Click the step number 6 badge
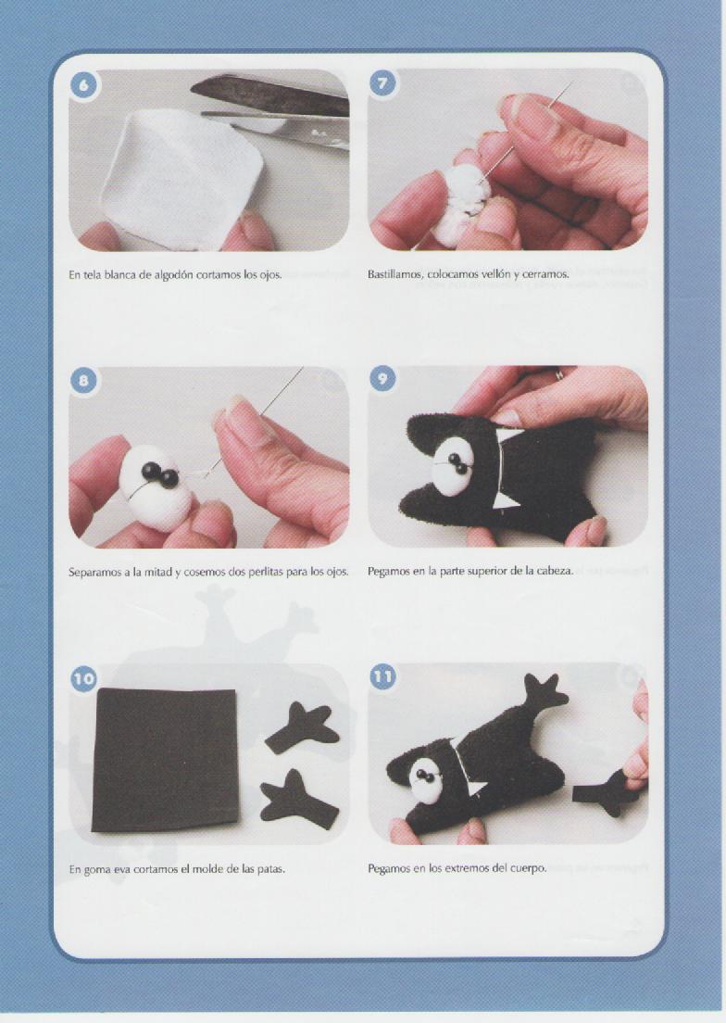tap(83, 85)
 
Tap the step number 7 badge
tap(382, 82)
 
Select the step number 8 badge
tap(83, 380)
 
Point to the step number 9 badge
tap(382, 379)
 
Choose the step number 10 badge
tap(83, 678)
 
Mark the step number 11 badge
tap(382, 676)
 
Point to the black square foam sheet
tap(165, 760)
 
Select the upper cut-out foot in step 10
tap(304, 728)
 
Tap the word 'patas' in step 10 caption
tap(270, 869)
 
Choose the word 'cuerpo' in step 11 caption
tap(529, 869)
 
